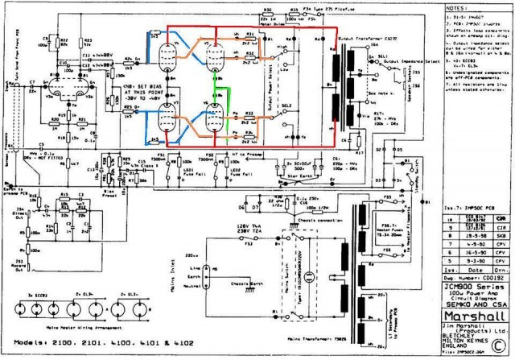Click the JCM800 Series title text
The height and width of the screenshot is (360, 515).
tap(476, 287)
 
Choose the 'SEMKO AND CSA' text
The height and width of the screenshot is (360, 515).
tap(476, 304)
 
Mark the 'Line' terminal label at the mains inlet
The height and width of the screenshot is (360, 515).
tap(191, 267)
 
